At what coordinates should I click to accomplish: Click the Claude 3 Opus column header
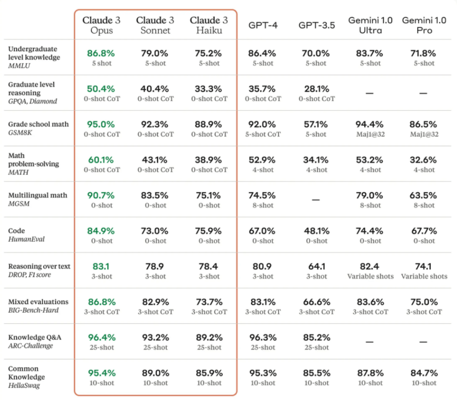[x=101, y=25]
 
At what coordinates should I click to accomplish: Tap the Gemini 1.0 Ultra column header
[x=370, y=25]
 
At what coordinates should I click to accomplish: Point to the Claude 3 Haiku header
[x=209, y=25]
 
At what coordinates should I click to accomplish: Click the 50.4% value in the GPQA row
[x=101, y=89]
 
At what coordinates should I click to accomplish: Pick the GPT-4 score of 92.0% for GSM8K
[x=262, y=124]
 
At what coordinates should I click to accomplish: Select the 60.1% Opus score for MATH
[x=101, y=160]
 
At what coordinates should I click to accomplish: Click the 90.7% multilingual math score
[x=101, y=195]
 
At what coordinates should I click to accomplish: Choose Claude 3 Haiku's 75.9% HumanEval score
[x=209, y=231]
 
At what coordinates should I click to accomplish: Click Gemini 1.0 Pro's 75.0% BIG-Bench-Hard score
[x=424, y=302]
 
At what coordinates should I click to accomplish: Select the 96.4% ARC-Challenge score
[x=101, y=337]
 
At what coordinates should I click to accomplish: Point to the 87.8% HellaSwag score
[x=370, y=373]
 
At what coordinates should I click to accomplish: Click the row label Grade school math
[x=38, y=124]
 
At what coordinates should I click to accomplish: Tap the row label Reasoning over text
[x=39, y=266]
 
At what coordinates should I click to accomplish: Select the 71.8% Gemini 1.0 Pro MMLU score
[x=424, y=54]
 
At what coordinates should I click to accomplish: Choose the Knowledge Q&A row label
[x=35, y=337]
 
